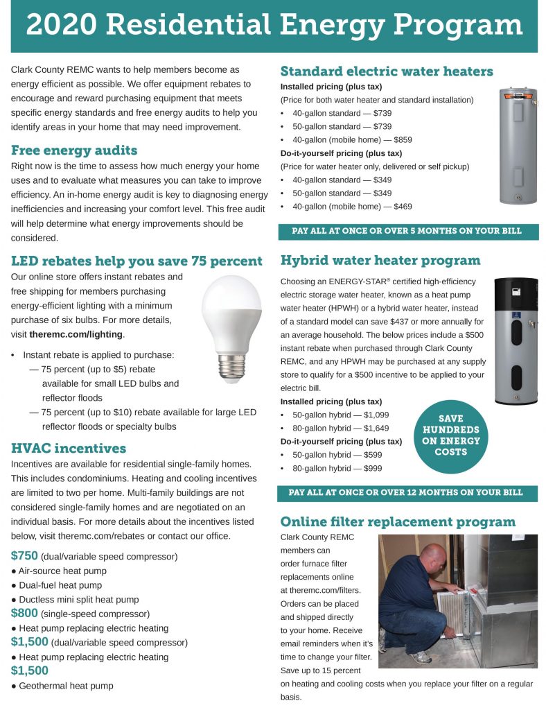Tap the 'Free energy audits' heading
(x=74, y=150)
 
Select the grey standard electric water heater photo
(x=509, y=145)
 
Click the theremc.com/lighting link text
(x=76, y=334)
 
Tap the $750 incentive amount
(x=25, y=556)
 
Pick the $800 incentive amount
(x=25, y=613)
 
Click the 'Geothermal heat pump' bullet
(x=62, y=686)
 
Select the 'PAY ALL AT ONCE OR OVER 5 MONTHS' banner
(x=407, y=231)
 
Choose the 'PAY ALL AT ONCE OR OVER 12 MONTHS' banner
(x=407, y=492)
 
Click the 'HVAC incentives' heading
(x=69, y=448)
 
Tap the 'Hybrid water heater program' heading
(x=380, y=261)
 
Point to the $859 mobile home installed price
(x=398, y=139)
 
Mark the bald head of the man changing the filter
(x=433, y=557)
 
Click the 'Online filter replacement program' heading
(x=398, y=521)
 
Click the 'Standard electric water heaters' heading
(x=387, y=71)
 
